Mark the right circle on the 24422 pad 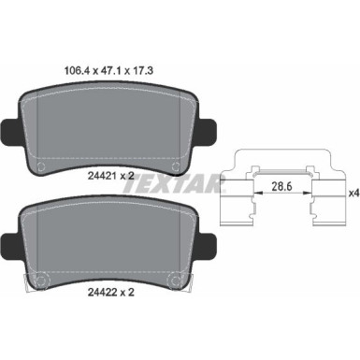(x=170, y=280)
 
